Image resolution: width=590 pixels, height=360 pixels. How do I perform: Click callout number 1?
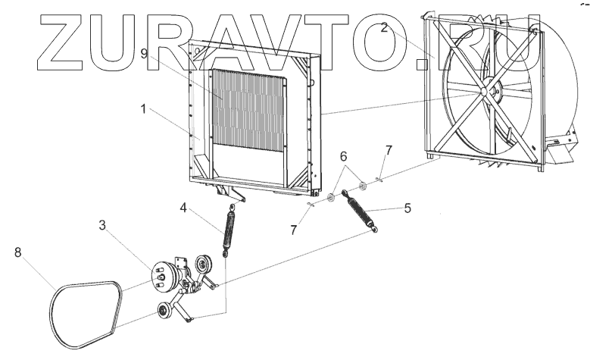(142, 108)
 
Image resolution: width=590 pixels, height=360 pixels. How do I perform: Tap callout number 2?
(384, 29)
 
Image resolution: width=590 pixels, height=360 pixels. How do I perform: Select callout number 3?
(102, 225)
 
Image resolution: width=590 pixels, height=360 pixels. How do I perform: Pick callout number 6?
(344, 156)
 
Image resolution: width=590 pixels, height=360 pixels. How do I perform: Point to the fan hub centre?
(482, 92)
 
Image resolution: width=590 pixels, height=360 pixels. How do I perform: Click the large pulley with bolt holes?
(161, 274)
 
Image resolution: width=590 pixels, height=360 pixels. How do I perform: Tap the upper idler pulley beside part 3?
(203, 265)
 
